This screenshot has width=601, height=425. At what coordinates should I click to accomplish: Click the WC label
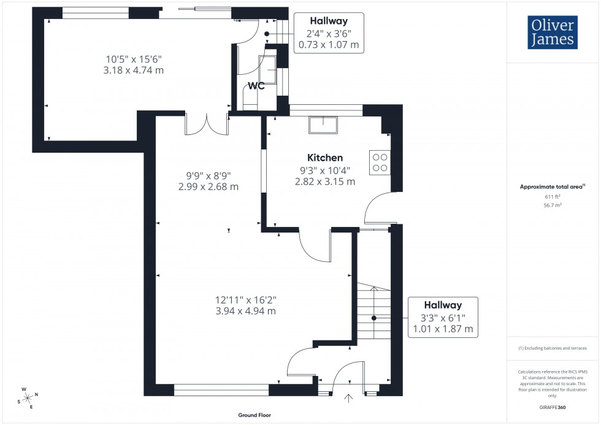click(256, 86)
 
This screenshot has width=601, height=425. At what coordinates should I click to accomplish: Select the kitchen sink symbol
click(323, 124)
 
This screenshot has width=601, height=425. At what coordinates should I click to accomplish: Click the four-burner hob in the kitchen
click(380, 161)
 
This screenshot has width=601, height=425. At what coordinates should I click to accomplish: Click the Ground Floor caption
click(255, 415)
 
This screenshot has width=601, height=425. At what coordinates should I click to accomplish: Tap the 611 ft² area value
click(553, 196)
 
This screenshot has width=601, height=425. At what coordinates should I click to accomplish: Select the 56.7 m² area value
click(553, 207)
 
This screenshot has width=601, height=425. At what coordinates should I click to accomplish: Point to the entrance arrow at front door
click(350, 399)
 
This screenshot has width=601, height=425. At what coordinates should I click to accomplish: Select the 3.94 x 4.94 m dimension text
click(245, 311)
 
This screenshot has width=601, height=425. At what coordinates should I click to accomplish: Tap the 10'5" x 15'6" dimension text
click(135, 59)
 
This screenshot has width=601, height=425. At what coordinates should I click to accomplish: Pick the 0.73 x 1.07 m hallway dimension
click(329, 45)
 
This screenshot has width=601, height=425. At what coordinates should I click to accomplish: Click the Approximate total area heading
click(552, 186)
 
